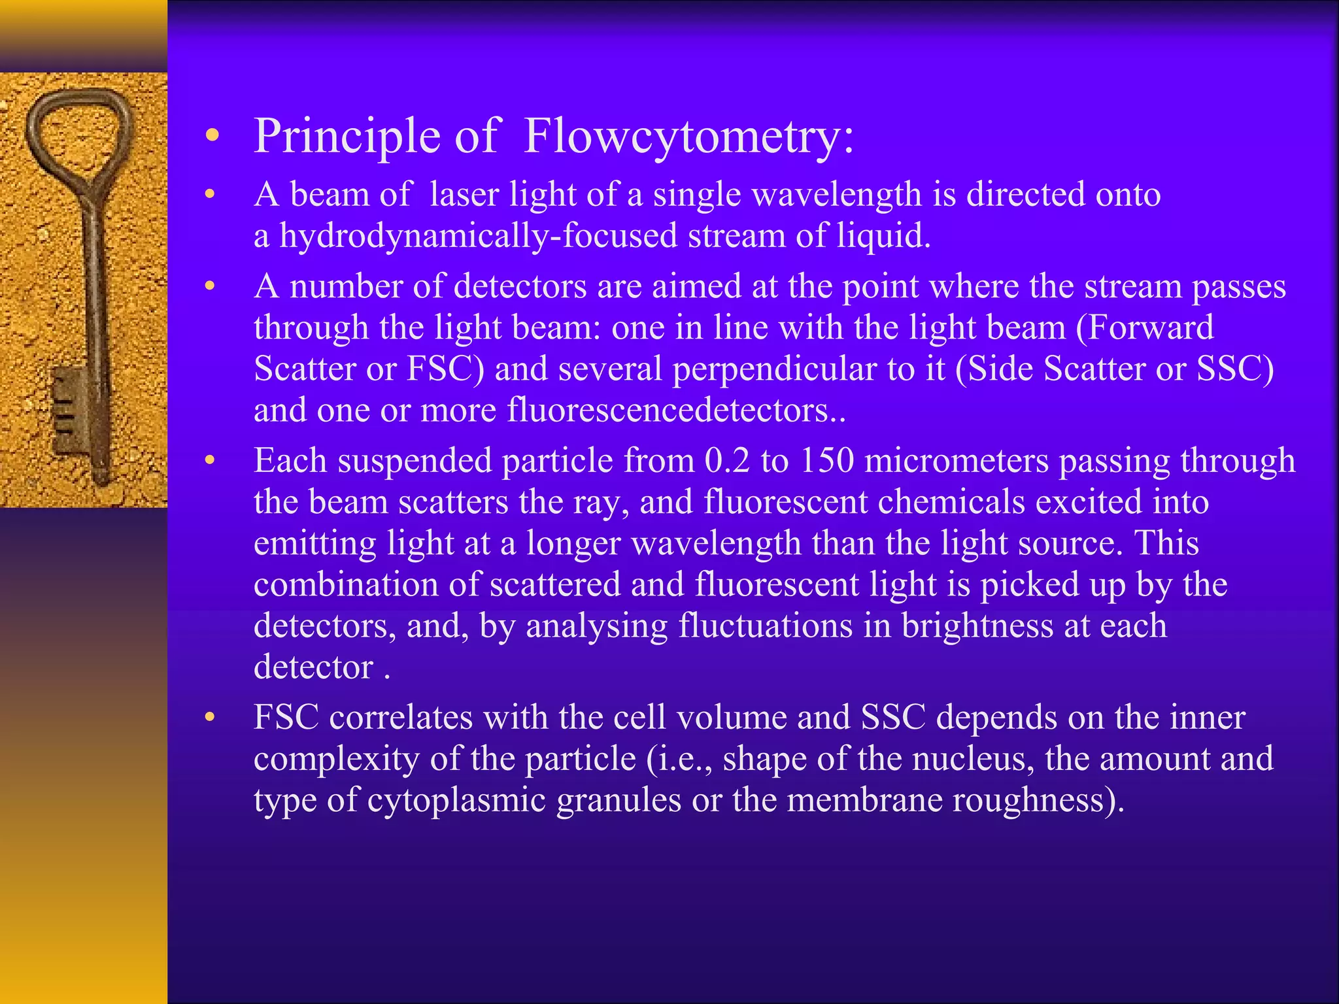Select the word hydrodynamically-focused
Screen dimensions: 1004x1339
pyautogui.click(x=478, y=236)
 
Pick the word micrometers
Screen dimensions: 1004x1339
pyautogui.click(x=957, y=460)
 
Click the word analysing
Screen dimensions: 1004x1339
pyautogui.click(x=596, y=626)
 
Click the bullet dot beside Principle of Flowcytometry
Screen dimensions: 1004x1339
pyautogui.click(x=210, y=136)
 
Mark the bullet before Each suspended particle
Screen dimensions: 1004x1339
pyautogui.click(x=209, y=461)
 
